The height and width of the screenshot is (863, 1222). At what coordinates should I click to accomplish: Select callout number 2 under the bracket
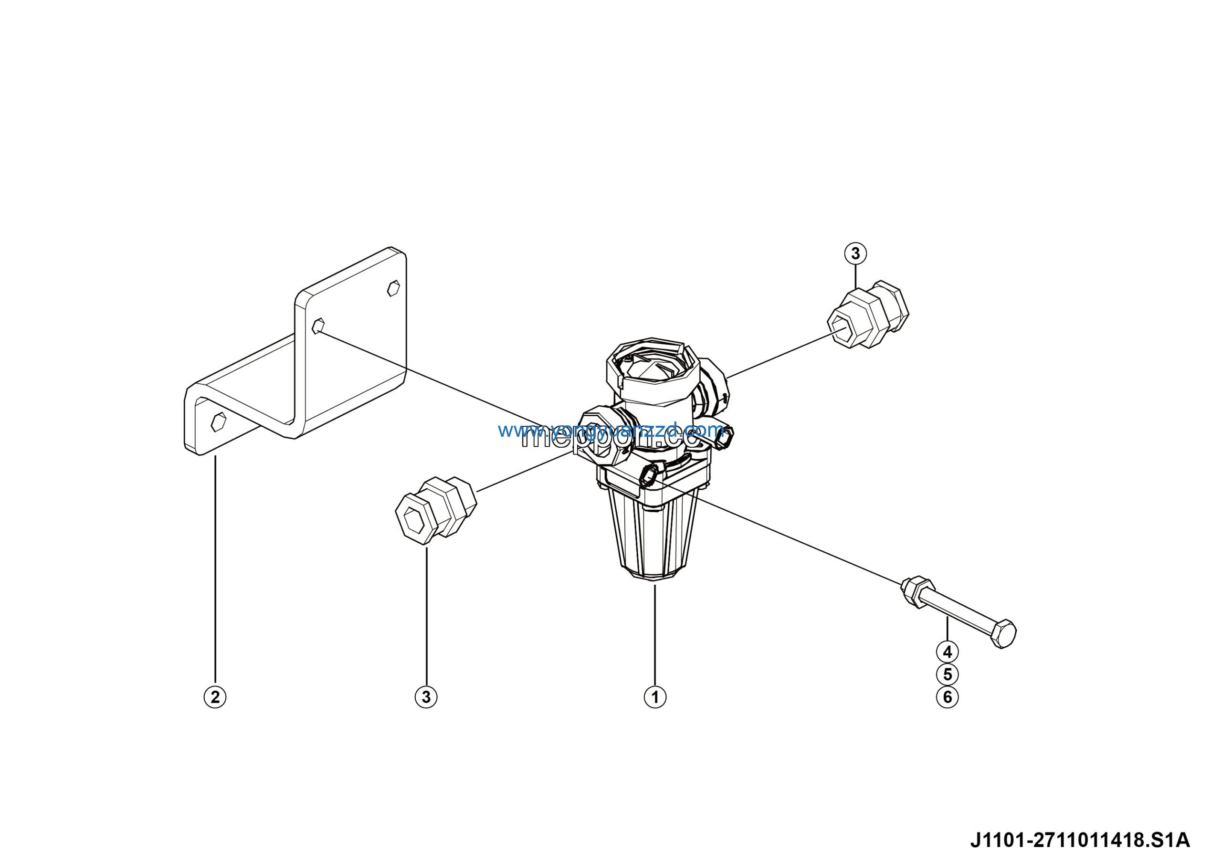(x=215, y=697)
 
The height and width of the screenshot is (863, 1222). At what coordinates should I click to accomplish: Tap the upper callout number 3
(x=855, y=253)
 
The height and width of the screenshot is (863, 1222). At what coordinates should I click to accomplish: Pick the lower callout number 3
(x=426, y=697)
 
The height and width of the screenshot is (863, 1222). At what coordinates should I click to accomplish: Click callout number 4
(x=948, y=652)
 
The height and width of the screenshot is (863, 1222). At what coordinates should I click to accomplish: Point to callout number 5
(x=948, y=674)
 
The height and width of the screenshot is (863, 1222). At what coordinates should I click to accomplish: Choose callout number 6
(x=948, y=697)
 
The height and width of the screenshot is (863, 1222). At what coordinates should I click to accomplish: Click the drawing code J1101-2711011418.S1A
(x=1080, y=840)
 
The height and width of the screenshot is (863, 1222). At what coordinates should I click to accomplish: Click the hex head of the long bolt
(x=1003, y=634)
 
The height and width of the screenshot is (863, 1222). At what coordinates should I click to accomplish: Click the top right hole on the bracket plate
(x=393, y=288)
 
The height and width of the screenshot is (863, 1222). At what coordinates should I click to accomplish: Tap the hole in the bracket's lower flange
(x=218, y=422)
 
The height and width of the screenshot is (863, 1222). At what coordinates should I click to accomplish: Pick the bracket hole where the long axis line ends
(x=318, y=326)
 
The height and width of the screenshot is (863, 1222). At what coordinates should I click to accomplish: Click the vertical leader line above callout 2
(x=215, y=569)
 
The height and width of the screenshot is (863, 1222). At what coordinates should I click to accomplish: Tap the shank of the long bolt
(x=958, y=612)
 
